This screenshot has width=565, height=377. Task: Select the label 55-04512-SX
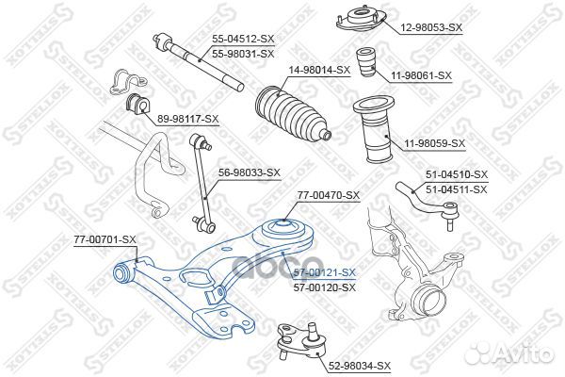[243, 40]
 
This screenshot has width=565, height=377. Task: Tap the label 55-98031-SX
[243, 54]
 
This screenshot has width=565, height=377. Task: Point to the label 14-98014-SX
[319, 70]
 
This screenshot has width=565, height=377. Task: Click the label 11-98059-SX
[435, 143]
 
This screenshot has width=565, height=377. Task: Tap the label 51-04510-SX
[457, 174]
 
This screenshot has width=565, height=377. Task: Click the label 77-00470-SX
[329, 195]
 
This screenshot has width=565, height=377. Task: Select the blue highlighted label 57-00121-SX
[324, 271]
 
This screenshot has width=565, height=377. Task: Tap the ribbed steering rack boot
[290, 111]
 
